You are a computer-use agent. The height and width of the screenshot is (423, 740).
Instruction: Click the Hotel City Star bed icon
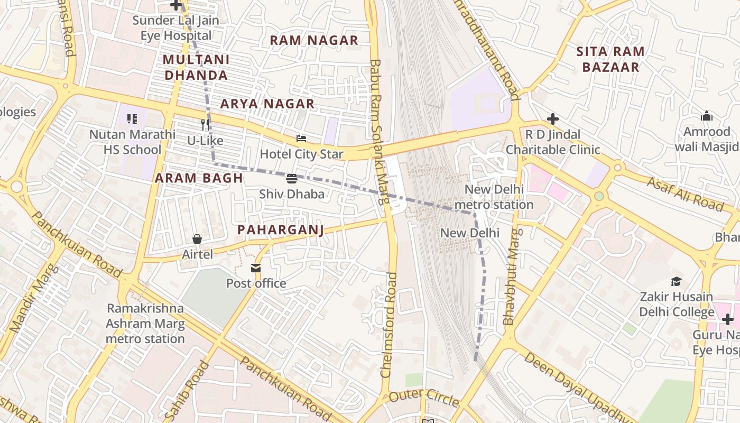(301, 139)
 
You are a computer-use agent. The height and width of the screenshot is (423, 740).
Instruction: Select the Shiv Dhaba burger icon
(292, 179)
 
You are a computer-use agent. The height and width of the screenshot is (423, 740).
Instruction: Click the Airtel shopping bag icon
(197, 239)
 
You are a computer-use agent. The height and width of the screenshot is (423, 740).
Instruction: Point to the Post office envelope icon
(256, 268)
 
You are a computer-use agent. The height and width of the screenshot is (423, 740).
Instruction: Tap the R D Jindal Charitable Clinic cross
(553, 119)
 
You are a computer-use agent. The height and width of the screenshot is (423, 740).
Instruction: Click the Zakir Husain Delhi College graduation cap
(677, 281)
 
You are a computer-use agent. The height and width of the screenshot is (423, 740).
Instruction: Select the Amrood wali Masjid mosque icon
(707, 116)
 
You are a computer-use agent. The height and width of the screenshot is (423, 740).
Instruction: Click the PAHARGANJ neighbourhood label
(280, 230)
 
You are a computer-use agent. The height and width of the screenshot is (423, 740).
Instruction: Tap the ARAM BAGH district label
(199, 178)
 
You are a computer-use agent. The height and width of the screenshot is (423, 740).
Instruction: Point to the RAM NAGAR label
(314, 40)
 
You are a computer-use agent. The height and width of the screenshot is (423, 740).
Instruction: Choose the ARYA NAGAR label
(267, 104)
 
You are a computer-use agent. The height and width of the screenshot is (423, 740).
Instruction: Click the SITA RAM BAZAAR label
(610, 59)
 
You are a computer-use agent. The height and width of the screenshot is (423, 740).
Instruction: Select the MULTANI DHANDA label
(196, 67)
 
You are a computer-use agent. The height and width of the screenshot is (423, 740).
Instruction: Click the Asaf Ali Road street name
(685, 194)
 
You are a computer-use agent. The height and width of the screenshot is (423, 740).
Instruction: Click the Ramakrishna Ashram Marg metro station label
(145, 323)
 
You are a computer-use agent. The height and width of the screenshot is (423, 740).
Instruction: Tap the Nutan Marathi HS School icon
(132, 119)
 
